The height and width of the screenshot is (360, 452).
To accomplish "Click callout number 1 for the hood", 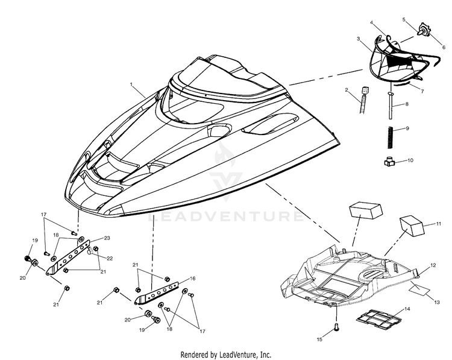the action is point(131,84).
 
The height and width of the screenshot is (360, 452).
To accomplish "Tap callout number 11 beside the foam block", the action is point(439,224).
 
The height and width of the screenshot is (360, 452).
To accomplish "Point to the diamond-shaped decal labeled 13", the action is point(419,289).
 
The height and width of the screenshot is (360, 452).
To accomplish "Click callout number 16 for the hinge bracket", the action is point(193,279).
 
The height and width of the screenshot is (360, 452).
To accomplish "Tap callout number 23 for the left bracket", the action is point(107,238).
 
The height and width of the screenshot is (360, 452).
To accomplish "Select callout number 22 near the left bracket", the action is point(110,258).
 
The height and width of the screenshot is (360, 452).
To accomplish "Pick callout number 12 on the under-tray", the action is point(433,265).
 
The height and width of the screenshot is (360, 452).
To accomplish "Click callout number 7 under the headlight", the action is point(422,92).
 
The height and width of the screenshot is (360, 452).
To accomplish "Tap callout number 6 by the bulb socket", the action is point(444,48).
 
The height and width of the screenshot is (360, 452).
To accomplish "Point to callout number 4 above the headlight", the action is point(372,22).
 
